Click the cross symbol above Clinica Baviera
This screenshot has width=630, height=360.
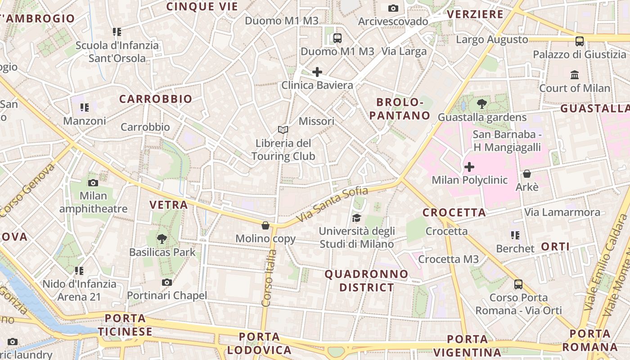click(x=317, y=72)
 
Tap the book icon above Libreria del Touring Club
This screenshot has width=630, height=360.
click(x=283, y=130)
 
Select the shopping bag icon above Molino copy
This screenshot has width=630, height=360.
click(x=265, y=225)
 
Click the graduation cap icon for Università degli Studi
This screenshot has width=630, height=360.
click(x=357, y=218)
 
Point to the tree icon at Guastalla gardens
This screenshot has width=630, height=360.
click(x=482, y=104)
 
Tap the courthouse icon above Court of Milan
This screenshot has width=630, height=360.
click(x=575, y=75)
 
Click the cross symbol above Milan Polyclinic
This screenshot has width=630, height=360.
click(x=469, y=167)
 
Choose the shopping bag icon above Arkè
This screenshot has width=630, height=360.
click(x=527, y=173)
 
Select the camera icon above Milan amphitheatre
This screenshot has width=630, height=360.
click(x=93, y=183)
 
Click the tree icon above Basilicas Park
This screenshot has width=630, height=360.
click(x=162, y=239)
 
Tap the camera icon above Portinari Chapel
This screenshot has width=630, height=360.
click(x=167, y=282)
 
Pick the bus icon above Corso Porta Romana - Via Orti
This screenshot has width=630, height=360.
click(x=518, y=284)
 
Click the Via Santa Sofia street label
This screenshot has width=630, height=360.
click(x=333, y=204)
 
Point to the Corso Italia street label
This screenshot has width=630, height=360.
click(x=269, y=278)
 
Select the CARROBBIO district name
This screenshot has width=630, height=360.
click(x=156, y=99)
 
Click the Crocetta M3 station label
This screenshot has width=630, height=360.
click(x=449, y=259)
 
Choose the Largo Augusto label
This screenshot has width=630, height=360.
click(x=492, y=40)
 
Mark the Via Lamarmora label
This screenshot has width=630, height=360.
click(x=562, y=212)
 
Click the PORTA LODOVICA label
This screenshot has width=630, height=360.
click(x=260, y=343)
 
